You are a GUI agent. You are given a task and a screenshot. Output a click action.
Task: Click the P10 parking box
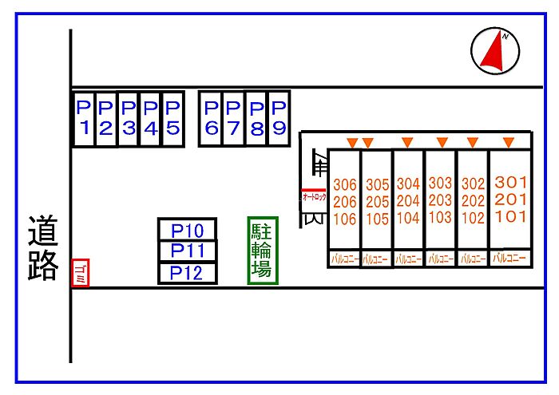(188, 231)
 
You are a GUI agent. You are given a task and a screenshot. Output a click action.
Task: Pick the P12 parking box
(188, 273)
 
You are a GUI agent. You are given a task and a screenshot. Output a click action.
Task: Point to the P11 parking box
(188, 251)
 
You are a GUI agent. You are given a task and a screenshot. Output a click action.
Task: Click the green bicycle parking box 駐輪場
(262, 250)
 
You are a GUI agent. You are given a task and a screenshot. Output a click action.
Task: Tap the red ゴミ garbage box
(80, 273)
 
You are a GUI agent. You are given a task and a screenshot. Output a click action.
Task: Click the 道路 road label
(44, 247)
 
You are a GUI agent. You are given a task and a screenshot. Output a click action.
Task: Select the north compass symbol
(495, 50)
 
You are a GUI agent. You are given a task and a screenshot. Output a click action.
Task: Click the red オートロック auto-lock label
(314, 196)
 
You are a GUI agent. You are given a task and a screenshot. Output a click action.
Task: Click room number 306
(345, 184)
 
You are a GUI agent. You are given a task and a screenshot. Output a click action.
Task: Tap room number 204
(408, 200)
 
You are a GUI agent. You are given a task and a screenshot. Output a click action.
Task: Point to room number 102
(473, 217)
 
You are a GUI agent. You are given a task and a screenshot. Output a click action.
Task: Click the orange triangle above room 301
(509, 142)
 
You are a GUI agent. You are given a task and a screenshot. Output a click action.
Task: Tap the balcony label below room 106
(345, 259)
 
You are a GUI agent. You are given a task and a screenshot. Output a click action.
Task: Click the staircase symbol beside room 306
(319, 164)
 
